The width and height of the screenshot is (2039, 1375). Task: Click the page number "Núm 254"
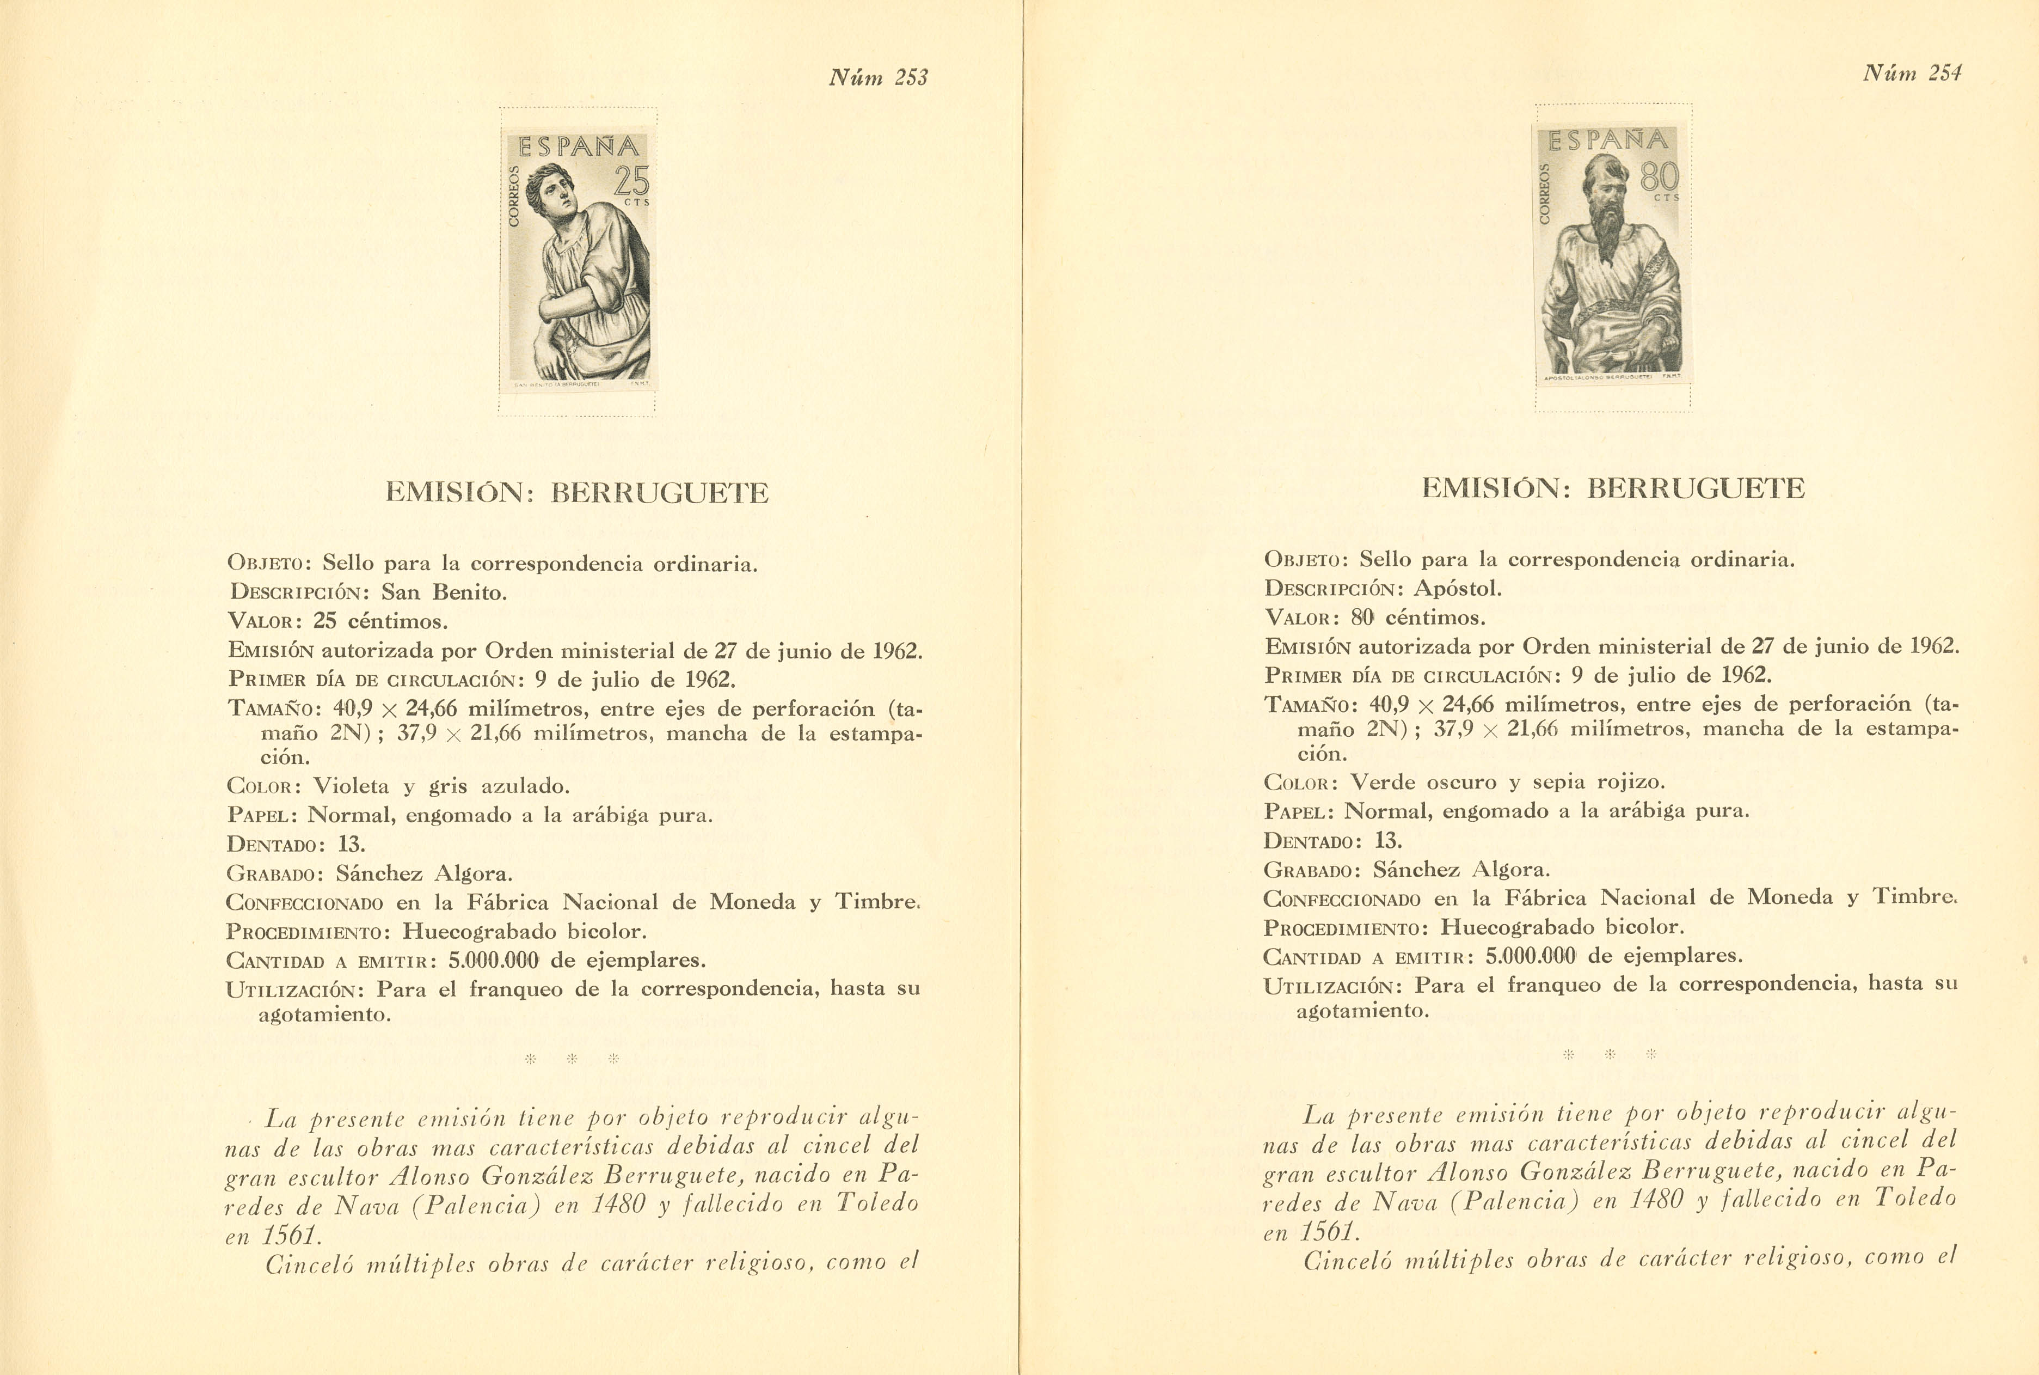(x=1912, y=74)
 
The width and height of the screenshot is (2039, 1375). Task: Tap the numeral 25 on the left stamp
(x=631, y=181)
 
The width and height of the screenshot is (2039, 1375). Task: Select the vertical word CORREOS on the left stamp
(x=514, y=197)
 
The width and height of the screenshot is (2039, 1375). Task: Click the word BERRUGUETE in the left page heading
(x=659, y=493)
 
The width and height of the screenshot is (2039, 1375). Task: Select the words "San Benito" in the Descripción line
(x=444, y=593)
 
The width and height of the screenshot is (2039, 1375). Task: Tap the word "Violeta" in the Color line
(x=351, y=786)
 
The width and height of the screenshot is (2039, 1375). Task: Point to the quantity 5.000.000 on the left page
(x=494, y=960)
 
